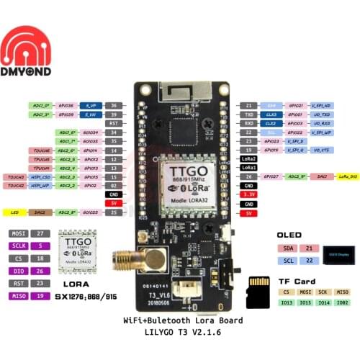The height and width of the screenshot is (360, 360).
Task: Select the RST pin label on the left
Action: point(113,123)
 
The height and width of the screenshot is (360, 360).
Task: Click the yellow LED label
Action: point(14,212)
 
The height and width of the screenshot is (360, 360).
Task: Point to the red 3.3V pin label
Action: point(248,194)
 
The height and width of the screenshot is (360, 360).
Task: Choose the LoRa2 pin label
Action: point(248,157)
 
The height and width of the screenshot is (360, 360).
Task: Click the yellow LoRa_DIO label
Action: point(347,176)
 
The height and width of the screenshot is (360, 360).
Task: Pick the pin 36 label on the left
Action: point(113,105)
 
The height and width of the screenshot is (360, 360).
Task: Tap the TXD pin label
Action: point(248,114)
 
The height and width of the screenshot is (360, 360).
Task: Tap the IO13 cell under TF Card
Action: point(287,303)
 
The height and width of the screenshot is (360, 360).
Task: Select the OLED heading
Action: point(288,233)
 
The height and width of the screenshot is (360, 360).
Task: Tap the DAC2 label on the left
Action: point(41,212)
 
